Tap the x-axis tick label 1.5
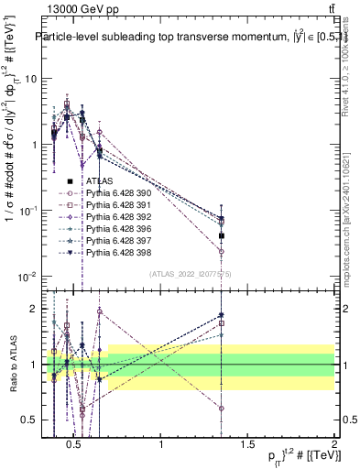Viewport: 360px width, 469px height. (x=248, y=445)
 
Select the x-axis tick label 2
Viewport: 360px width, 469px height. (x=334, y=445)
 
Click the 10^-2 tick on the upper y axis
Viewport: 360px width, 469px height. (x=27, y=277)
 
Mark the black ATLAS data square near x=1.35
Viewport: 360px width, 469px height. (x=221, y=235)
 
